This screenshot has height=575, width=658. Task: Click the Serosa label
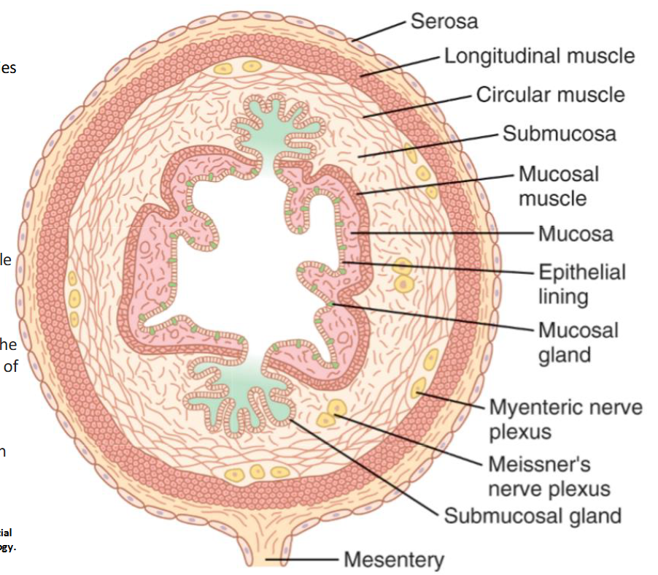pos(444,21)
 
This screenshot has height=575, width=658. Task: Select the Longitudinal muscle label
pos(539,56)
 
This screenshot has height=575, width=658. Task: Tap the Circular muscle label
pos(550,95)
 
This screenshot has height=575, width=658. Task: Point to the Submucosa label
pos(559,134)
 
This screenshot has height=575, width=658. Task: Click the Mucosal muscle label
pos(558,186)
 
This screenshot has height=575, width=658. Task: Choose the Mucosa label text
pos(576,234)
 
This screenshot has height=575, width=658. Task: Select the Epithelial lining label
pos(581,283)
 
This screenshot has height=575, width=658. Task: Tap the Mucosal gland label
pos(578,342)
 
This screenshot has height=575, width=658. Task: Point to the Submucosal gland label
pos(533,516)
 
